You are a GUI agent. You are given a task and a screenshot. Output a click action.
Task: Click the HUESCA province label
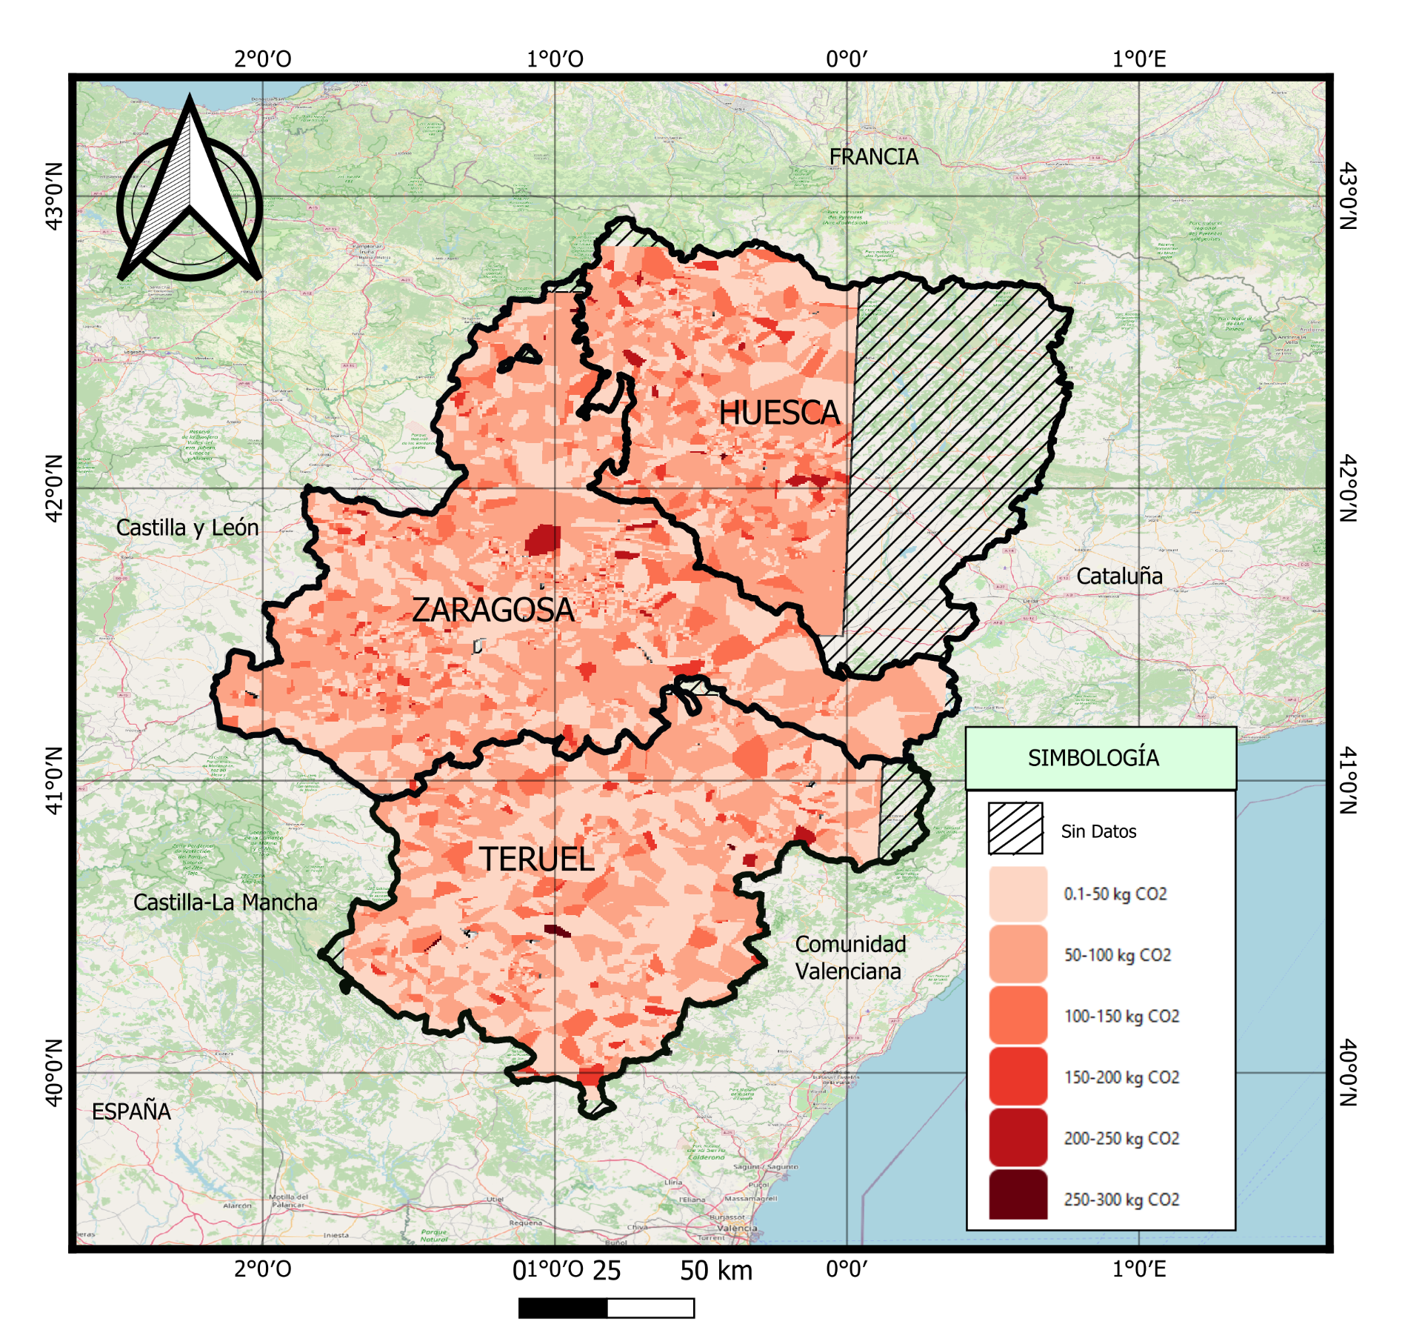pyautogui.click(x=779, y=413)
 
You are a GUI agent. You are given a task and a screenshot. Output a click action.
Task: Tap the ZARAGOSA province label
pyautogui.click(x=493, y=610)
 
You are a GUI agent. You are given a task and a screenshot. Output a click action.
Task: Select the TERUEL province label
pyautogui.click(x=537, y=859)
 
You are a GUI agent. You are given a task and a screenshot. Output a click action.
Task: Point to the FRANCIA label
pyautogui.click(x=873, y=157)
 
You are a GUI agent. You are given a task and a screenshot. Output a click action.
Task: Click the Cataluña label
pyautogui.click(x=1119, y=576)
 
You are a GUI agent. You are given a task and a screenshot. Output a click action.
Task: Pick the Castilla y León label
pyautogui.click(x=187, y=528)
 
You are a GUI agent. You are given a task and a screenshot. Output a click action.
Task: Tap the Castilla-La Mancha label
pyautogui.click(x=225, y=902)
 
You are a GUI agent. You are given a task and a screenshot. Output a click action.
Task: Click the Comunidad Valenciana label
pyautogui.click(x=849, y=957)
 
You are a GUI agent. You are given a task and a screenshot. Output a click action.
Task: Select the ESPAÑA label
pyautogui.click(x=131, y=1111)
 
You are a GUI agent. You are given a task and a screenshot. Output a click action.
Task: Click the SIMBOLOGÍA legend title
pyautogui.click(x=1093, y=758)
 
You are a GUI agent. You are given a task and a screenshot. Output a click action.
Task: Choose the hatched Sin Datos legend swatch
pyautogui.click(x=1015, y=828)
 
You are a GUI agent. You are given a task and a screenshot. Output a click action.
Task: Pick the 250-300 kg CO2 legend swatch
pyautogui.click(x=1018, y=1194)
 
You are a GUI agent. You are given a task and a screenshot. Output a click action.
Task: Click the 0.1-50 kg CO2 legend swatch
pyautogui.click(x=1018, y=894)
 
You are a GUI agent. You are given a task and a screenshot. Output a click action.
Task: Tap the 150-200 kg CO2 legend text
pyautogui.click(x=1121, y=1077)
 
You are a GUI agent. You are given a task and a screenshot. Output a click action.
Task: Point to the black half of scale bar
pyautogui.click(x=563, y=1308)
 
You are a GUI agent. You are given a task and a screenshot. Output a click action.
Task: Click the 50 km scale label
pyautogui.click(x=716, y=1271)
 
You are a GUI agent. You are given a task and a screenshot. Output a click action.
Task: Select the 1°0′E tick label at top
pyautogui.click(x=1139, y=59)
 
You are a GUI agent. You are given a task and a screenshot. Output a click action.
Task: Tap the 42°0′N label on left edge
pyautogui.click(x=53, y=488)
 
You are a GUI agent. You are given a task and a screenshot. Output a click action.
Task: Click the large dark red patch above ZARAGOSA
pyautogui.click(x=543, y=539)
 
